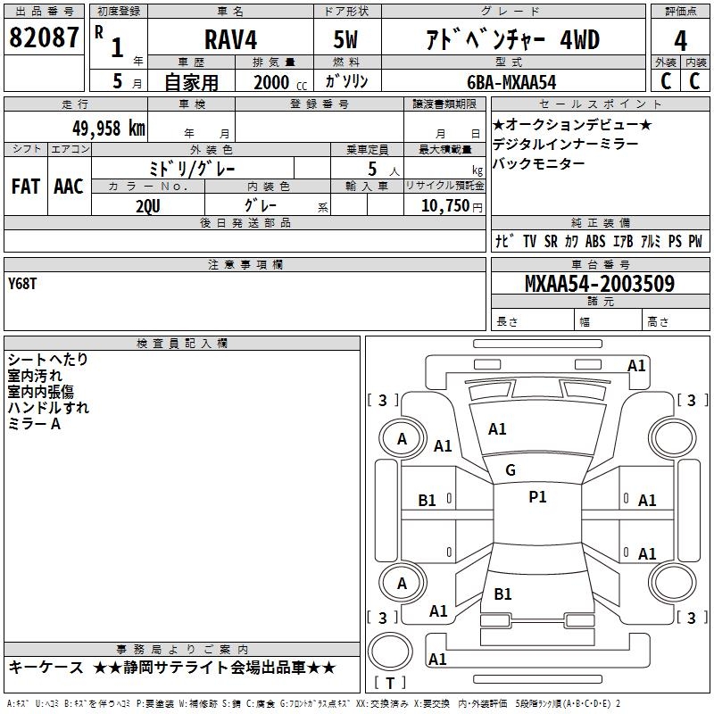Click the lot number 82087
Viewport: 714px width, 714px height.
point(44,37)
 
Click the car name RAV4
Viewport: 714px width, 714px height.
point(231,39)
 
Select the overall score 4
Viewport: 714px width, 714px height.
point(680,40)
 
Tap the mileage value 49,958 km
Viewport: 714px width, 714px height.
point(109,129)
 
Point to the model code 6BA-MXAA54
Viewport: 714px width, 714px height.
point(511,82)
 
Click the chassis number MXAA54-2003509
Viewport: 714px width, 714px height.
point(600,284)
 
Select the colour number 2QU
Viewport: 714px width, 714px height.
point(148,206)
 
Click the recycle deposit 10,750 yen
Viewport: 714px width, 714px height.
point(452,206)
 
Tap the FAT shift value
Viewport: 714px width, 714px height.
point(26,187)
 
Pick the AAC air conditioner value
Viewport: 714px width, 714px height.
point(69,187)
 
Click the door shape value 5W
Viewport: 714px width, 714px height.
point(345,39)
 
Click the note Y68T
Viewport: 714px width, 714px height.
point(22,284)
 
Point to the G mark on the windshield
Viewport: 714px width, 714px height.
point(511,470)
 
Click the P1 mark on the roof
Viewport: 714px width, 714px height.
point(537,497)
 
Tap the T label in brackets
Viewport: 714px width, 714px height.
point(390,683)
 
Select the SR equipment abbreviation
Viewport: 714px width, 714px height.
point(551,241)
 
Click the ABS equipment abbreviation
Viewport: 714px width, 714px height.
point(595,241)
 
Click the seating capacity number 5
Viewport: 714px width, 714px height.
point(372,169)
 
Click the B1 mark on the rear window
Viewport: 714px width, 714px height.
point(502,594)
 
